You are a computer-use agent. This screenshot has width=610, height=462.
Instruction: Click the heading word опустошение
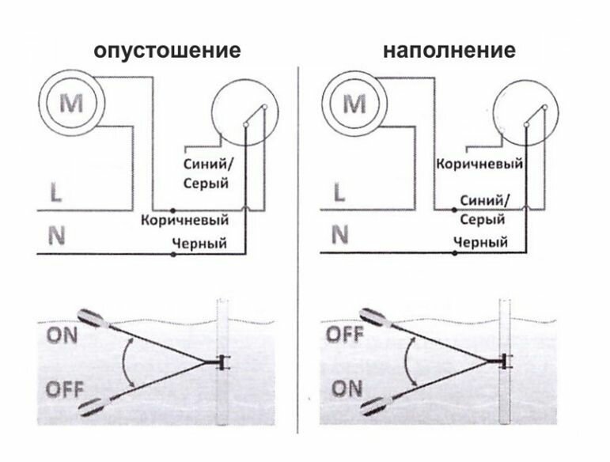point(166,51)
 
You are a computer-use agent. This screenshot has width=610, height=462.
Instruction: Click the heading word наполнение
point(449,51)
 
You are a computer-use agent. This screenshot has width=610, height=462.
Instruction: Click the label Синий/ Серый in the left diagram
point(206,175)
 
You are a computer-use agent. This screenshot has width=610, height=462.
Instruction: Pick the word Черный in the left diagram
point(199,244)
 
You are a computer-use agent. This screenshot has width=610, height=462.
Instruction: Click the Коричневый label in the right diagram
point(480,164)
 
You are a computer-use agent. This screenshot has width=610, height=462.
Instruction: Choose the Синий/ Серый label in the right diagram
point(484,210)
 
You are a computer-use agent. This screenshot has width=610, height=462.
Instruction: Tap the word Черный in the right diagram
point(480,243)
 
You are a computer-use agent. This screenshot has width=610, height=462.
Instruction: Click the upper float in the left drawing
point(93,319)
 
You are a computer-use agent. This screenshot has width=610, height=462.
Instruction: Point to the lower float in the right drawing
point(375,407)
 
